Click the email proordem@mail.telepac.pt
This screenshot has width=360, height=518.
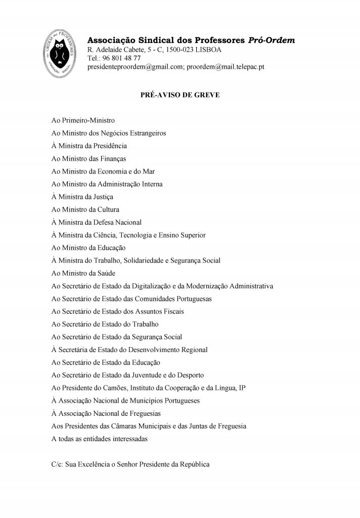pyautogui.click(x=226, y=67)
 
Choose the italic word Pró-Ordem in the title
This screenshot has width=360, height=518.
pyautogui.click(x=272, y=40)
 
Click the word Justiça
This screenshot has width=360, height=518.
pyautogui.click(x=102, y=197)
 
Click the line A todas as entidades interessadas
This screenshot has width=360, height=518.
pyautogui.click(x=100, y=439)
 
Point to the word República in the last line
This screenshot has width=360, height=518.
pyautogui.click(x=194, y=464)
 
